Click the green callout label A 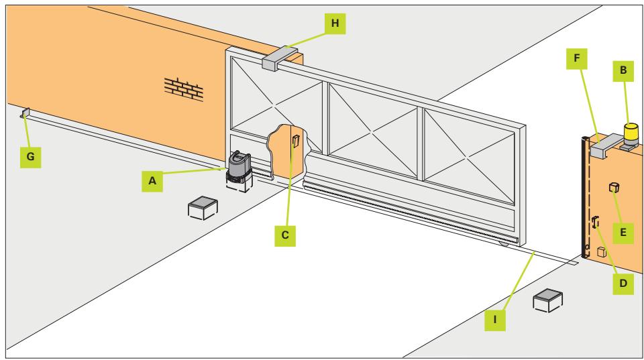click(152, 180)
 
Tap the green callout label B click(623, 70)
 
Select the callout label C click(285, 235)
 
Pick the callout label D click(623, 283)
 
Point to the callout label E click(623, 233)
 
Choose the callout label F click(577, 59)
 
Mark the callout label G click(30, 157)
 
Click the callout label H click(335, 23)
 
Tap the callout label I click(495, 320)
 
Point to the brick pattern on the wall click(184, 89)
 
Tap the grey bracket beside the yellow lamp click(606, 145)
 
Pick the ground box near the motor click(203, 208)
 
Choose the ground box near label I click(548, 300)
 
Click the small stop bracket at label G click(25, 113)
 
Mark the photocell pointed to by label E click(614, 188)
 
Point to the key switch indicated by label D click(596, 223)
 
